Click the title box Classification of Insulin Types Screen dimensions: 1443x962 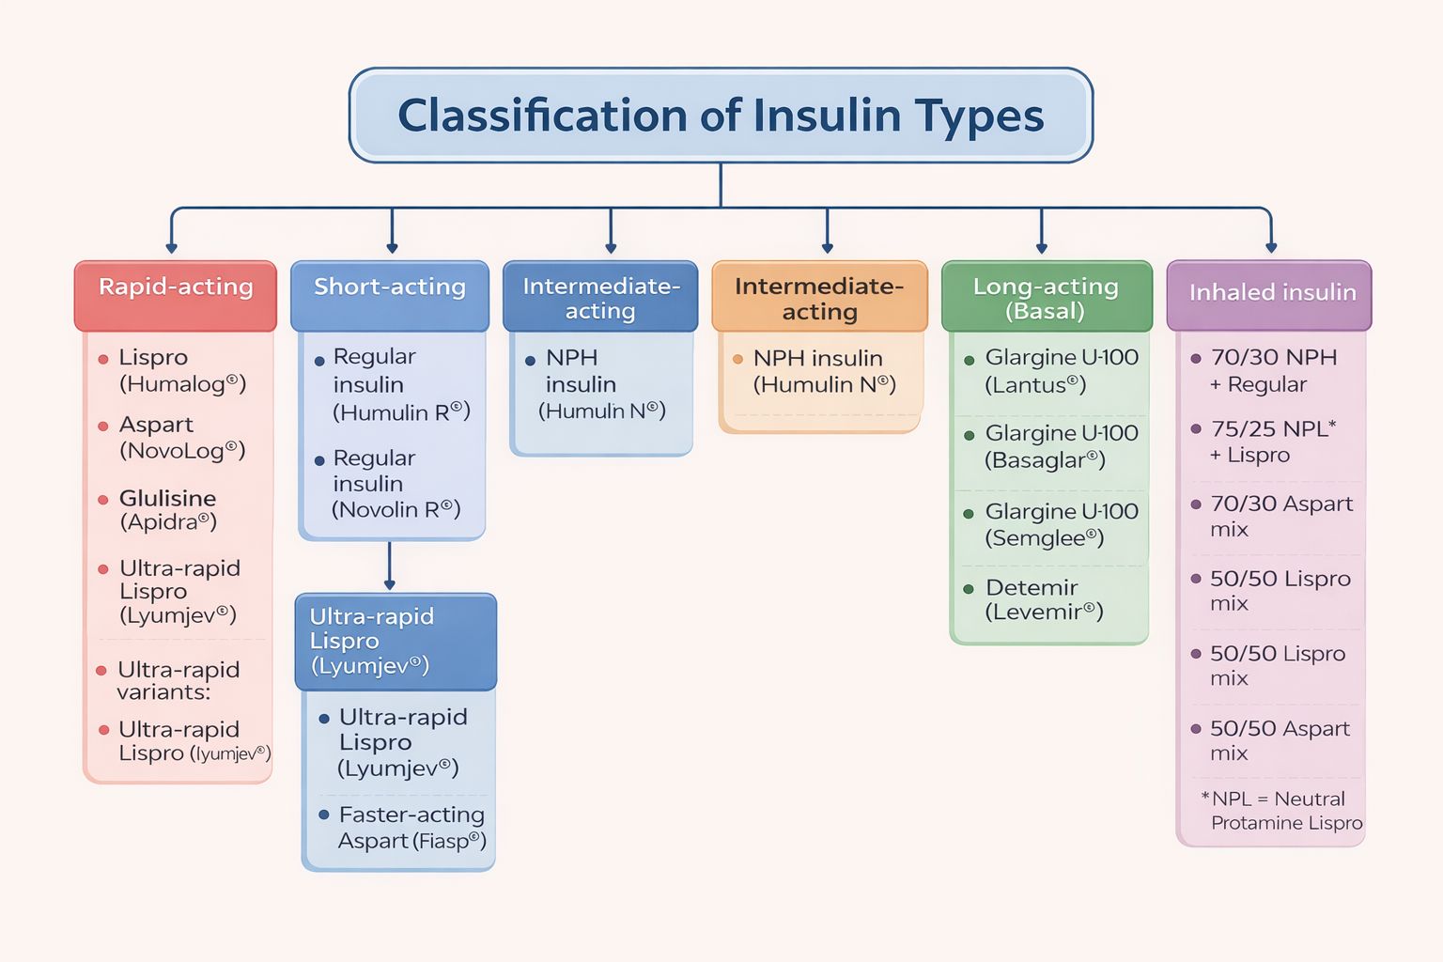721,116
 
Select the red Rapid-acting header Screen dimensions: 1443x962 176,296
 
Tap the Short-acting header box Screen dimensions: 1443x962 390,296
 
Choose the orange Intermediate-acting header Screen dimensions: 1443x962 819,296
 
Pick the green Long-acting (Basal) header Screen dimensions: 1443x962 1047,296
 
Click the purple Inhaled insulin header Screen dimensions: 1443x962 1269,295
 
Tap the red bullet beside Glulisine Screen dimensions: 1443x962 103,500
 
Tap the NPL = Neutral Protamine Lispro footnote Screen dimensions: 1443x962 1282,811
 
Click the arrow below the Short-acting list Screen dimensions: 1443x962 390,566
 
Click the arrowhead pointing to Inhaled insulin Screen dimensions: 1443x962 1271,248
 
